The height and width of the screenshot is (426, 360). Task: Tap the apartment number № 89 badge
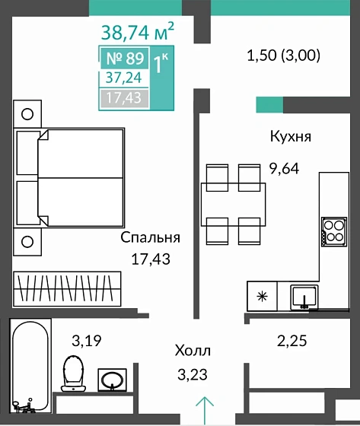[124, 59]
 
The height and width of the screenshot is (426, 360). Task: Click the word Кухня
[291, 137]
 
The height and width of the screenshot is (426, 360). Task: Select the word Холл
[193, 351]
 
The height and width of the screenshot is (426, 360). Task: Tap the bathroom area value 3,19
[84, 340]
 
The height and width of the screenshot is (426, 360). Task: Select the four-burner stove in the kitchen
[333, 230]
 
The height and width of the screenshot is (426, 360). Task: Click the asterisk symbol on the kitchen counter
[262, 297]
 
